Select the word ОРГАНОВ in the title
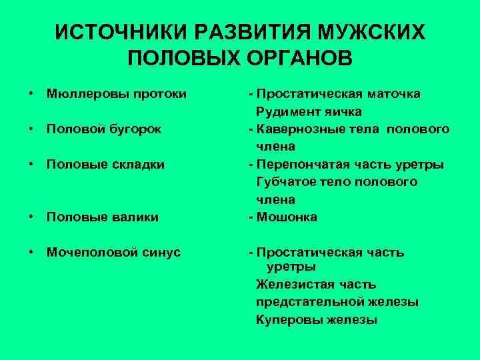click(x=294, y=59)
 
